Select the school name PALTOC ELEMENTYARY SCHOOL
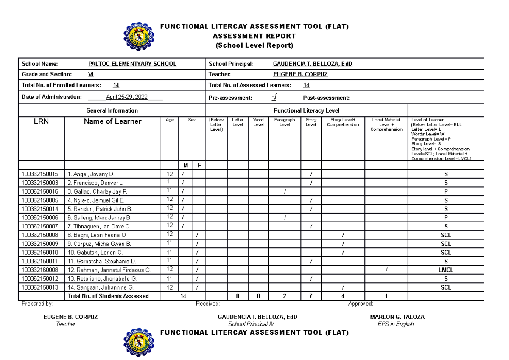(132, 64)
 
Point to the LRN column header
(42, 122)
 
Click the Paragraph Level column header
(285, 122)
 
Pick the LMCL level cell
(445, 270)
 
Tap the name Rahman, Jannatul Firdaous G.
(109, 270)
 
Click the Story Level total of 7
(311, 296)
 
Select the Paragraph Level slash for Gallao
(285, 191)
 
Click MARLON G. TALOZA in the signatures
(397, 317)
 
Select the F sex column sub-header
(199, 165)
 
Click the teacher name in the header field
(300, 74)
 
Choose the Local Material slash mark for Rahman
(386, 270)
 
